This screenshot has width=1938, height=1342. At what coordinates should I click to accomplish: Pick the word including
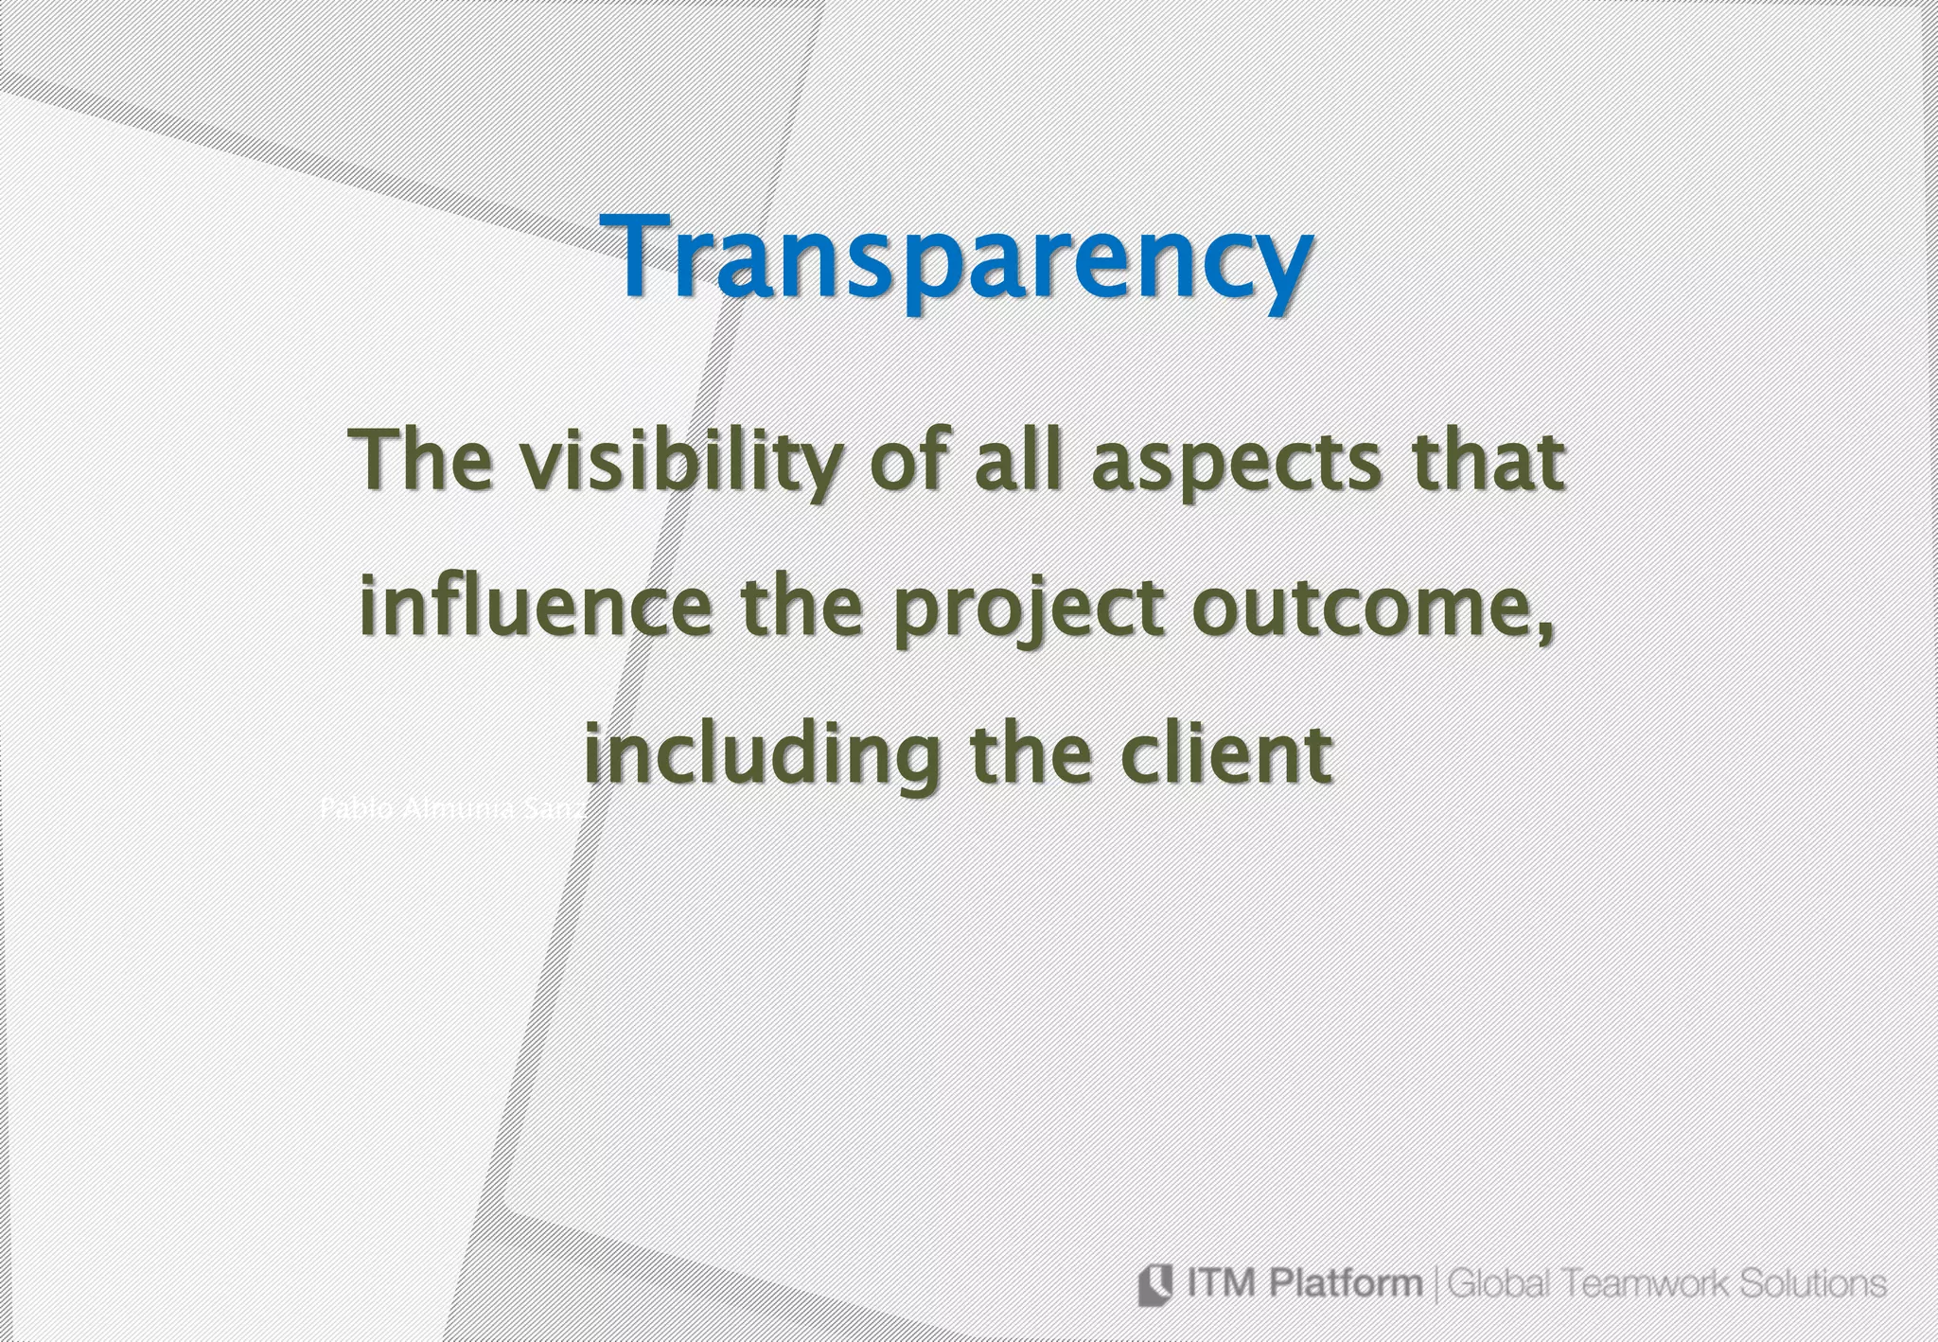pyautogui.click(x=762, y=755)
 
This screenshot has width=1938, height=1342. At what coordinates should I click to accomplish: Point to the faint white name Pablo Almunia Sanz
pyautogui.click(x=453, y=810)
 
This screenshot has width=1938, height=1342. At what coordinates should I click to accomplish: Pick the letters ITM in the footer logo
pyautogui.click(x=1222, y=1284)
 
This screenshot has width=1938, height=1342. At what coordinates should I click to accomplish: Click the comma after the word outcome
pyautogui.click(x=1547, y=632)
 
